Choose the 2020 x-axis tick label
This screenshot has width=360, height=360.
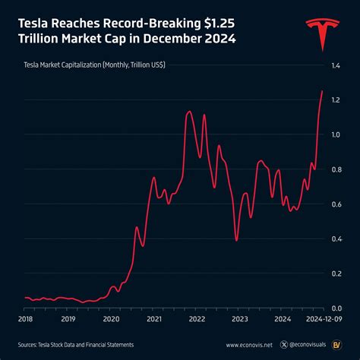click(112, 320)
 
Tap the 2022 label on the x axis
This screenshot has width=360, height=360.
click(197, 320)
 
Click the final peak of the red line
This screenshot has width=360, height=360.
click(322, 92)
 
